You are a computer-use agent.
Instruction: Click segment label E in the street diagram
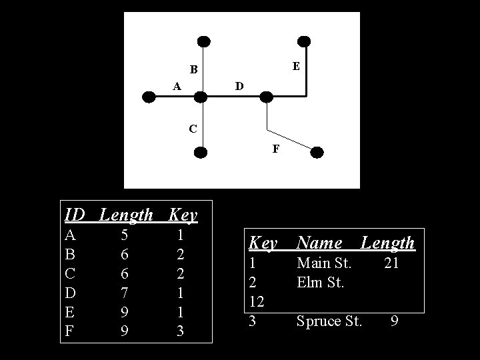pos(296,67)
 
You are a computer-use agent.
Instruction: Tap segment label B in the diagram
pos(193,69)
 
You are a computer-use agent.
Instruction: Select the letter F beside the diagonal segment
pos(275,149)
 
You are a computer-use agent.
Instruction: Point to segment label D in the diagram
pos(239,86)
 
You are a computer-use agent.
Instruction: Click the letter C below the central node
pos(192,128)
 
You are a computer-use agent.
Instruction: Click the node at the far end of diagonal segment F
pos(317,152)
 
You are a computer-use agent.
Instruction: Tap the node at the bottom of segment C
pos(201,152)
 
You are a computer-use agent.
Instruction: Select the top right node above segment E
pos(305,41)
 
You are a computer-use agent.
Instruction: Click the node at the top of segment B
pos(204,41)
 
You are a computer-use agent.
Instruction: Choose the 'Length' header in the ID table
pos(126,215)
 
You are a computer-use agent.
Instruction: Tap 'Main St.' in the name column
pos(324,263)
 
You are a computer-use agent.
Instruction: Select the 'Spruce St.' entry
pos(329,321)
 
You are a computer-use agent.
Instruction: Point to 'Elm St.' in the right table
pos(320,283)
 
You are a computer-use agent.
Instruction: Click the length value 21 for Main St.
pos(391,263)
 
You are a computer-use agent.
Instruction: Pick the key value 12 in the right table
pos(257,302)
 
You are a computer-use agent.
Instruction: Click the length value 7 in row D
pos(124,293)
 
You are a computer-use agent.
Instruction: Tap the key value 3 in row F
pos(180,331)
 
